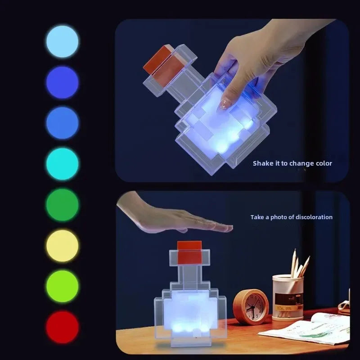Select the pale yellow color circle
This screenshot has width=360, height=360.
pos(62,246)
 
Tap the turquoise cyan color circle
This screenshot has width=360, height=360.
pos(62,164)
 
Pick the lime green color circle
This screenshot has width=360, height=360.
pos(62,287)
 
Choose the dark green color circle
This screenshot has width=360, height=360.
pos(62,205)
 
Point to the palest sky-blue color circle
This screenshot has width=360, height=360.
pos(62,41)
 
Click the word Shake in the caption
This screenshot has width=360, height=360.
pos(262,163)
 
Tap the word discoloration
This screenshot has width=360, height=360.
pos(314,217)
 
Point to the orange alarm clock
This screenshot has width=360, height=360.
pos(252,306)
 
